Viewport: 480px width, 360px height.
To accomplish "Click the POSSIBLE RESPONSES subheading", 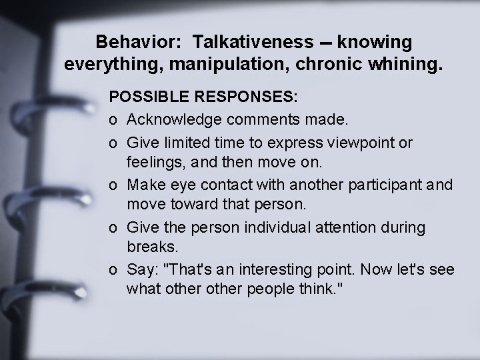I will click(x=204, y=97).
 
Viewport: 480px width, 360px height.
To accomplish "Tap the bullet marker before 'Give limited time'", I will click(x=113, y=143).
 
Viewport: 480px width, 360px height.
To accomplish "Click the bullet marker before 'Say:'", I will click(x=113, y=269).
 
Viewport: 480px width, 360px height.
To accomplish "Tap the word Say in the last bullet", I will click(x=139, y=269).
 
